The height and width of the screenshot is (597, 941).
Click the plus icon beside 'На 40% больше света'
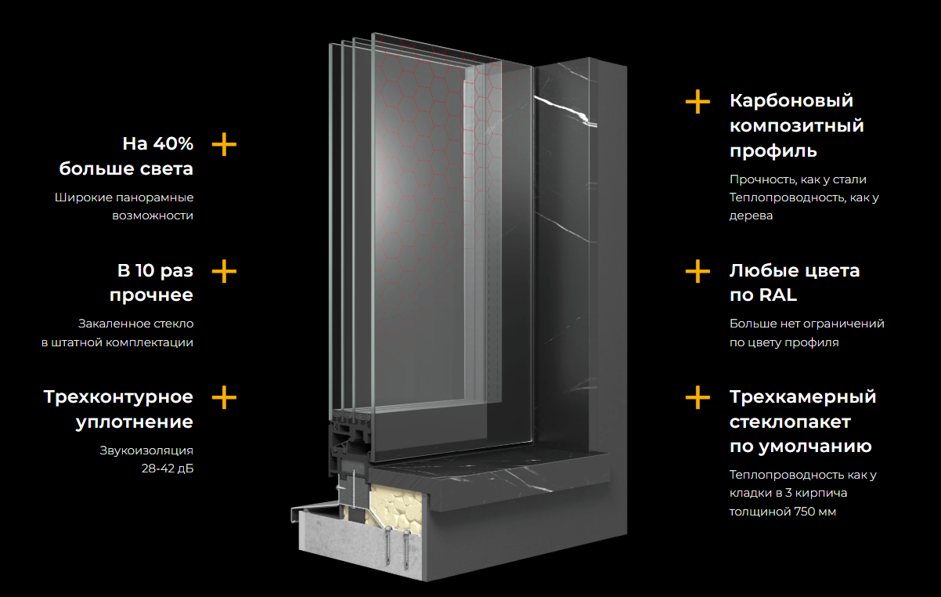click(224, 144)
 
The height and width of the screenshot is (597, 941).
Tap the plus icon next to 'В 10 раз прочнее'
click(224, 271)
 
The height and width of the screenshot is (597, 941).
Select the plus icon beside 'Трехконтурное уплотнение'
click(224, 397)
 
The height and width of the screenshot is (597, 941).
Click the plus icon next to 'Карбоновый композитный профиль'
click(698, 101)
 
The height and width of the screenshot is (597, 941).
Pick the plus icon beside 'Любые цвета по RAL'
click(698, 271)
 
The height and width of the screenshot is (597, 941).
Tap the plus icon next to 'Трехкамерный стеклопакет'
click(698, 397)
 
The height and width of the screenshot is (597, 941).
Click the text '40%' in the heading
click(173, 143)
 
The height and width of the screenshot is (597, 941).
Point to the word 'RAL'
click(778, 295)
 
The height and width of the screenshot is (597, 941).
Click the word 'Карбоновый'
click(791, 101)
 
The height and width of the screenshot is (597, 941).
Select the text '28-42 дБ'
click(168, 469)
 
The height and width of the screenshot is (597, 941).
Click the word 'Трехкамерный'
click(802, 397)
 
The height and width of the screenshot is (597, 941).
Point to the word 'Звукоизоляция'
click(146, 450)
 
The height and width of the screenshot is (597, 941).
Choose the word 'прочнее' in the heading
click(151, 295)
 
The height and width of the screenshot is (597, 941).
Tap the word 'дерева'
click(751, 215)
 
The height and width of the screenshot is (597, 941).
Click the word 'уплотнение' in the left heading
click(135, 422)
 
